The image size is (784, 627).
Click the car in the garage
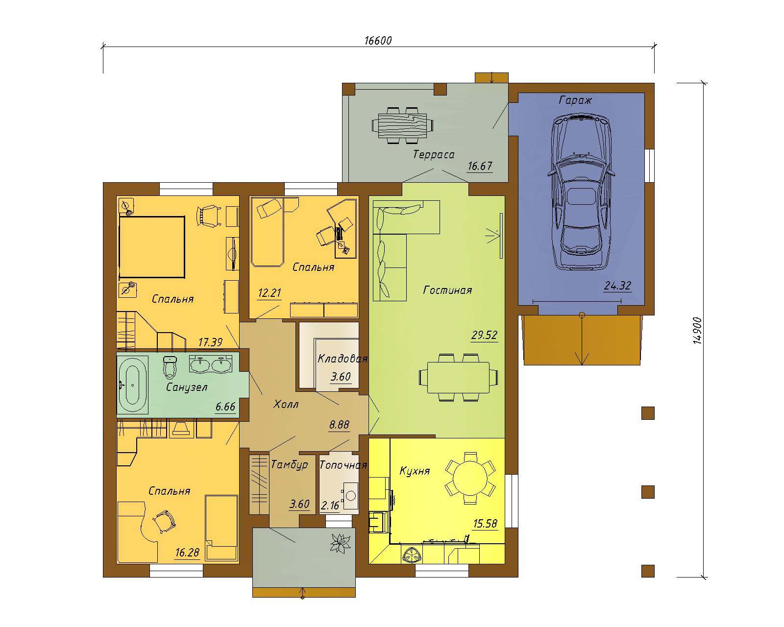click(581, 192)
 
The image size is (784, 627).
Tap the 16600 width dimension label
click(378, 41)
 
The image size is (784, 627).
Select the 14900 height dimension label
click(697, 331)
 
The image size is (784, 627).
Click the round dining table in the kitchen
click(470, 479)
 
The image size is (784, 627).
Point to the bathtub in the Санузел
click(132, 385)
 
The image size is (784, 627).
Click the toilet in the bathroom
click(170, 367)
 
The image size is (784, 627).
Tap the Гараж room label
click(575, 100)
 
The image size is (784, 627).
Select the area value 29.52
click(484, 335)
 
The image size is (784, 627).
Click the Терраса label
click(434, 154)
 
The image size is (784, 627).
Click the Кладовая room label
click(343, 359)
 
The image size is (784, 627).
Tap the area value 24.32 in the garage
click(617, 285)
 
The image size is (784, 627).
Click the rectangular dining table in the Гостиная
click(458, 377)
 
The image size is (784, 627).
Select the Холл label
click(286, 404)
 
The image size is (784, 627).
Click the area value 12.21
click(269, 292)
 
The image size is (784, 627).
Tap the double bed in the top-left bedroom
click(152, 247)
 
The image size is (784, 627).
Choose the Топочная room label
click(343, 465)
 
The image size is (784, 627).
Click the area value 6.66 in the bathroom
click(225, 406)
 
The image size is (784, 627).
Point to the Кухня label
click(415, 471)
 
